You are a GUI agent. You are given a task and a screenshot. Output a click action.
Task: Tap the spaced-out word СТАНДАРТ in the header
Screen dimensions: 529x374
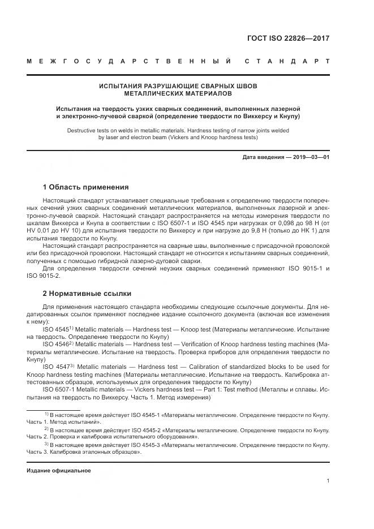point(287,62)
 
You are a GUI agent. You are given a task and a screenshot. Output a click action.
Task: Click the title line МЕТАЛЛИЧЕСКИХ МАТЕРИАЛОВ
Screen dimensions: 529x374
point(178,93)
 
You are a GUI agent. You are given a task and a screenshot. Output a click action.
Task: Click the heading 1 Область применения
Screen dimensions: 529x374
point(86,187)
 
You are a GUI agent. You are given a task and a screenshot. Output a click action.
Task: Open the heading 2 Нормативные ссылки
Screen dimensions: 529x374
point(87,294)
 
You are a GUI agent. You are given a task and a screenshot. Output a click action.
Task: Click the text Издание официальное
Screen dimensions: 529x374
point(59,471)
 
